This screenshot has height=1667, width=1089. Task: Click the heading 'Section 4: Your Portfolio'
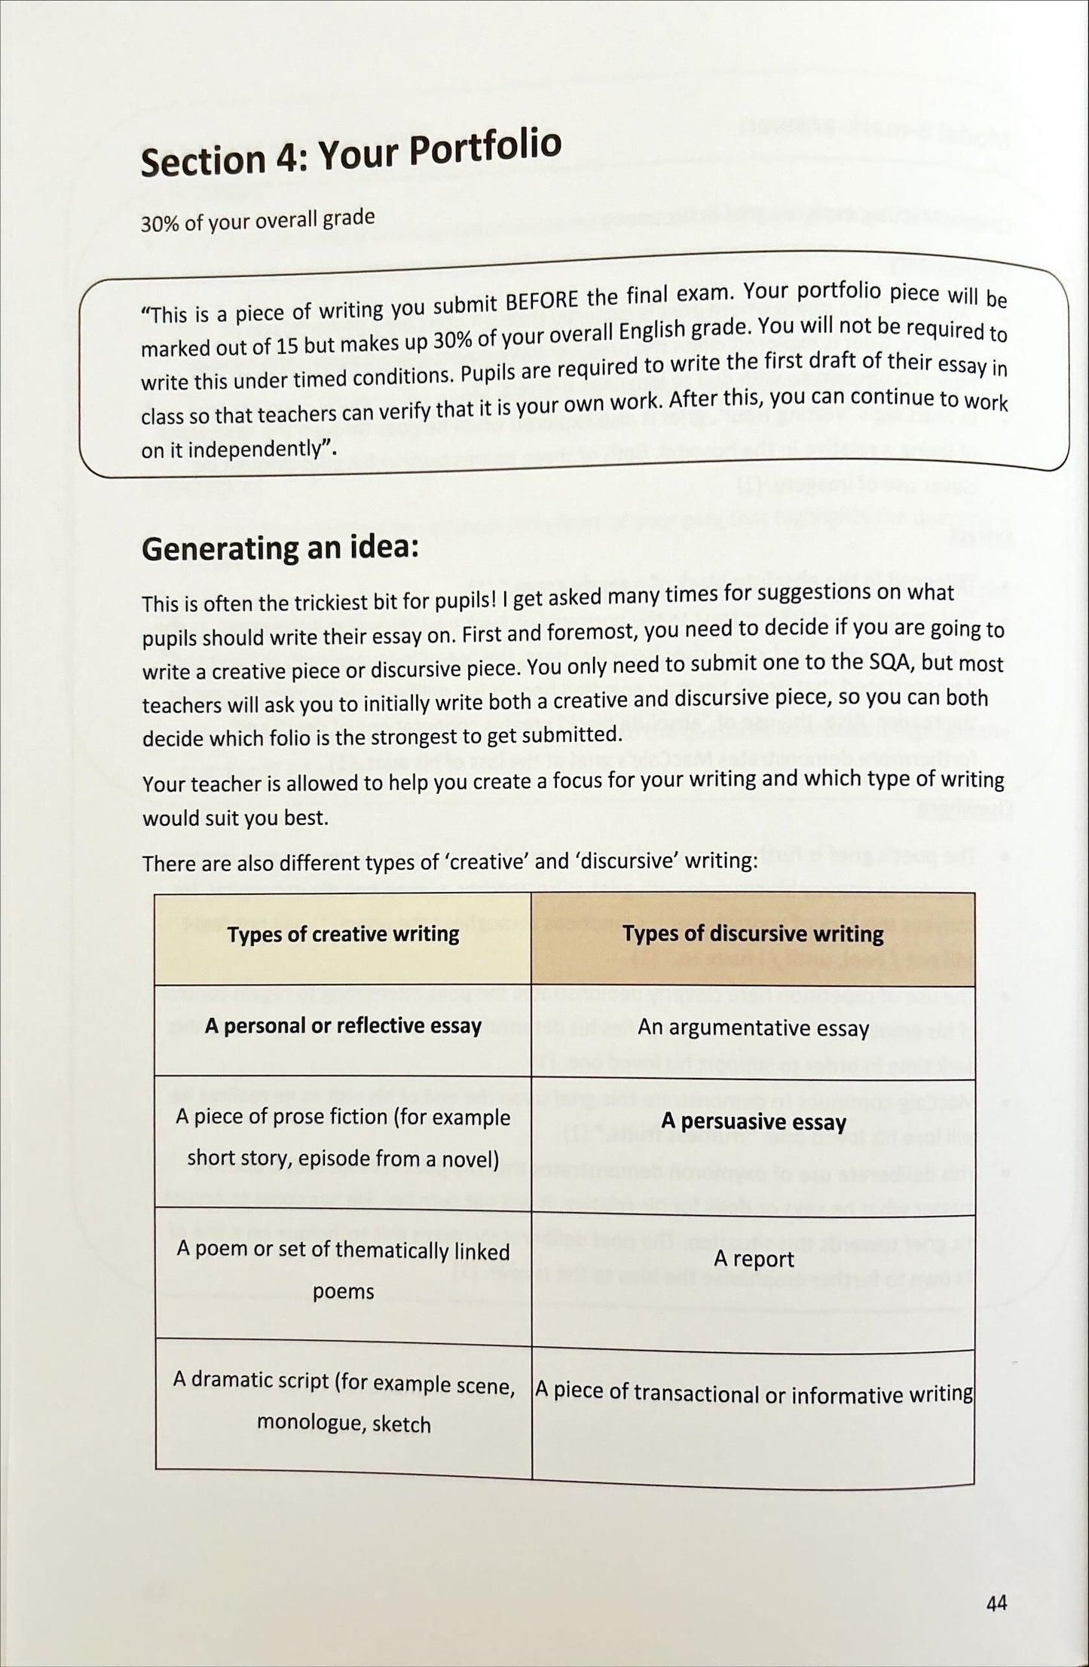tap(350, 154)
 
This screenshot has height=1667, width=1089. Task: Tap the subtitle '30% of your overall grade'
tap(257, 221)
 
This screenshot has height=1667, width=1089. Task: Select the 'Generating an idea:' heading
tap(280, 549)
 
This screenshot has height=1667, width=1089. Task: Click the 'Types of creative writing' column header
tap(343, 935)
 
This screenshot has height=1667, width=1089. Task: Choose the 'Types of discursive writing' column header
tap(753, 935)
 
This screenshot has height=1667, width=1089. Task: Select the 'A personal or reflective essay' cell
tap(343, 1026)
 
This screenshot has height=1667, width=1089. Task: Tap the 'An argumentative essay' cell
tap(753, 1028)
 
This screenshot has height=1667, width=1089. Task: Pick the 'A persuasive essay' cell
tap(753, 1122)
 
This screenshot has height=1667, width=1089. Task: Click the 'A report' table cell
tap(753, 1259)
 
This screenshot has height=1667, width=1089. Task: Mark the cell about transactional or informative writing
tap(753, 1393)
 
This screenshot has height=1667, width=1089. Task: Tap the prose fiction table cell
tap(343, 1137)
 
